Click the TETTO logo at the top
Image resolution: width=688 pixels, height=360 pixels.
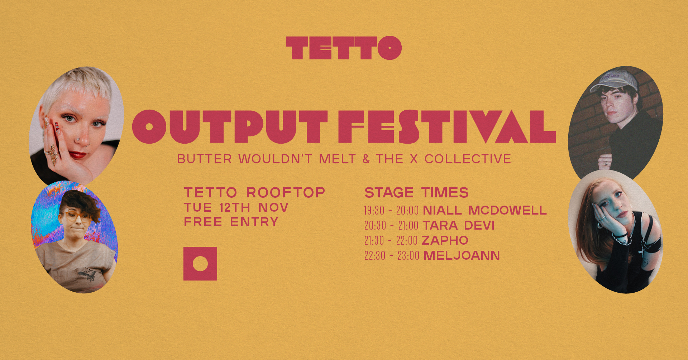click(344, 48)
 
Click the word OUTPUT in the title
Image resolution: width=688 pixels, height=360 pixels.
click(230, 126)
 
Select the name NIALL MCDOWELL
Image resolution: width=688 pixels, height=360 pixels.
click(484, 210)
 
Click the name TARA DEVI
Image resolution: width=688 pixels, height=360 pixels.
click(459, 225)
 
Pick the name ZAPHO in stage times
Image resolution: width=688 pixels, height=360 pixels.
click(445, 240)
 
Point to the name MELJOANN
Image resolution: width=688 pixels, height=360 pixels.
click(462, 255)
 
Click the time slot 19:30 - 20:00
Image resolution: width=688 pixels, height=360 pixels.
click(391, 210)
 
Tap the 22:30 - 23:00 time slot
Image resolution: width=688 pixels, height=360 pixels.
click(391, 255)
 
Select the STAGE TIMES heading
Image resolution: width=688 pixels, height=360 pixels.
click(416, 192)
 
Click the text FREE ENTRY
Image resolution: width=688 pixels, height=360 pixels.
click(231, 222)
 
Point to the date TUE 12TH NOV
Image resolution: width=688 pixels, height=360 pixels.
click(236, 207)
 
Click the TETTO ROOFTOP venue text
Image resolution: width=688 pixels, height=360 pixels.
click(254, 192)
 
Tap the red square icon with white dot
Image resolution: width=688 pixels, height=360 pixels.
click(200, 264)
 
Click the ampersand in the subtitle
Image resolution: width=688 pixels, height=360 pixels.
click(366, 159)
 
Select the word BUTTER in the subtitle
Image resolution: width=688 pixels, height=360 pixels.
click(205, 159)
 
